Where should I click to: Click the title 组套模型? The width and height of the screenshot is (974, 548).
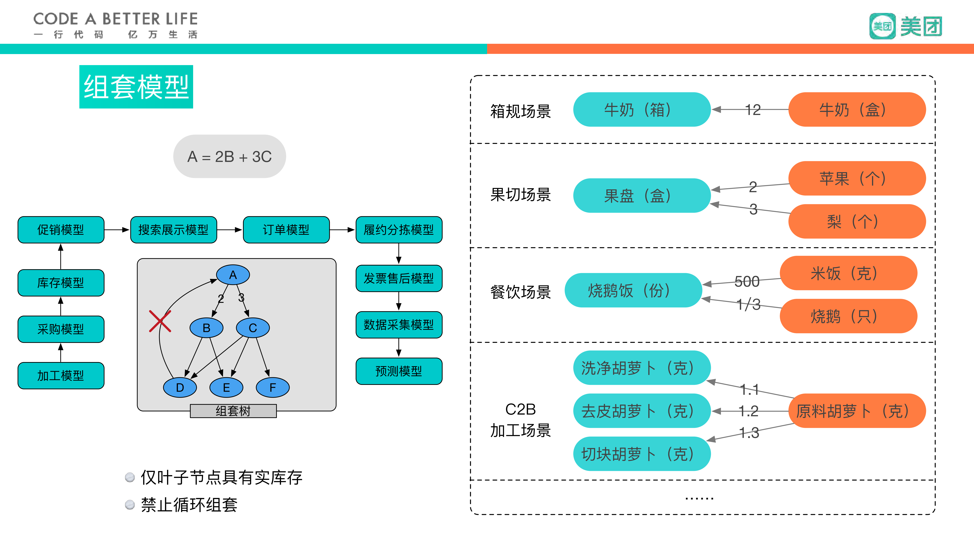[136, 87]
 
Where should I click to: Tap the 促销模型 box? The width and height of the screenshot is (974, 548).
[61, 230]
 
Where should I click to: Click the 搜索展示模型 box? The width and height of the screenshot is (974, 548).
[174, 230]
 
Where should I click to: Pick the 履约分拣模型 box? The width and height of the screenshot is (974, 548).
[399, 230]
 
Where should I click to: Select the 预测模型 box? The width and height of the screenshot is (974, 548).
[399, 371]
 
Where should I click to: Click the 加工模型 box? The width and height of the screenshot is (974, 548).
[61, 376]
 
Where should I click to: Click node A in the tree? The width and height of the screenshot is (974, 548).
[233, 275]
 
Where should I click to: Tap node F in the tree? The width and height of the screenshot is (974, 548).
[273, 388]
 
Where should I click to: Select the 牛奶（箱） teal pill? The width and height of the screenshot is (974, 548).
[642, 110]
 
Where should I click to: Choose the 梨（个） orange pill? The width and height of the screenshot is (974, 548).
[857, 221]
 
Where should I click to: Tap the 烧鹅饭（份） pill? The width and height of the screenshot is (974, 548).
[633, 290]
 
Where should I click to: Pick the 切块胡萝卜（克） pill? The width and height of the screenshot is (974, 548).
[642, 454]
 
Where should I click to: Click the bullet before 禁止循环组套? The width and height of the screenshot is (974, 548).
[130, 505]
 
